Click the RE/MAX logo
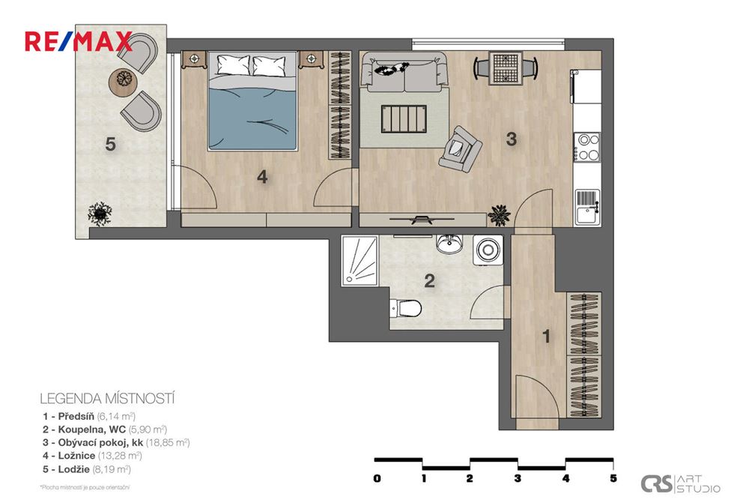(x=78, y=41)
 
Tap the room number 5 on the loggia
(x=110, y=144)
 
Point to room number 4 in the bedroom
(x=261, y=177)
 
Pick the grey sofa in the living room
(x=404, y=72)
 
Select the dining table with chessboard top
(x=506, y=67)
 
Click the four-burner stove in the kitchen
(x=586, y=147)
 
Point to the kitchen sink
(x=588, y=206)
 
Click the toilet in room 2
(x=407, y=307)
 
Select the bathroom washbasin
(x=450, y=245)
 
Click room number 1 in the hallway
(x=547, y=337)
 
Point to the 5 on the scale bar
(x=613, y=478)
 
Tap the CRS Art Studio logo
(x=681, y=484)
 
